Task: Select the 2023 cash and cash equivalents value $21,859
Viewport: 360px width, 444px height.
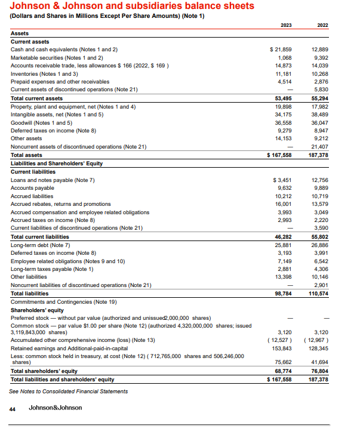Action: pos(281,49)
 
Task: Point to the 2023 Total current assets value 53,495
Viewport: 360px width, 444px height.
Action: pos(282,98)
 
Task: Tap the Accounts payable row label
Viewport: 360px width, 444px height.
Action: pos(33,187)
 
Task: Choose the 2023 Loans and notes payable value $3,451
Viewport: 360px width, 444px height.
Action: pos(281,180)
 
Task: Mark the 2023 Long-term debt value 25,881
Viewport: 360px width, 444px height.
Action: pos(282,245)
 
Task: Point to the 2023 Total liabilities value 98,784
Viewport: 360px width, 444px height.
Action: pos(282,294)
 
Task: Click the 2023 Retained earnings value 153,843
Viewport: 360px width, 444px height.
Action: pos(281,348)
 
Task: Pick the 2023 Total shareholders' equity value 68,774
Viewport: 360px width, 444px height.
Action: pos(282,371)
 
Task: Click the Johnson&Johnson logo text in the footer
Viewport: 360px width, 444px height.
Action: pos(56,408)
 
